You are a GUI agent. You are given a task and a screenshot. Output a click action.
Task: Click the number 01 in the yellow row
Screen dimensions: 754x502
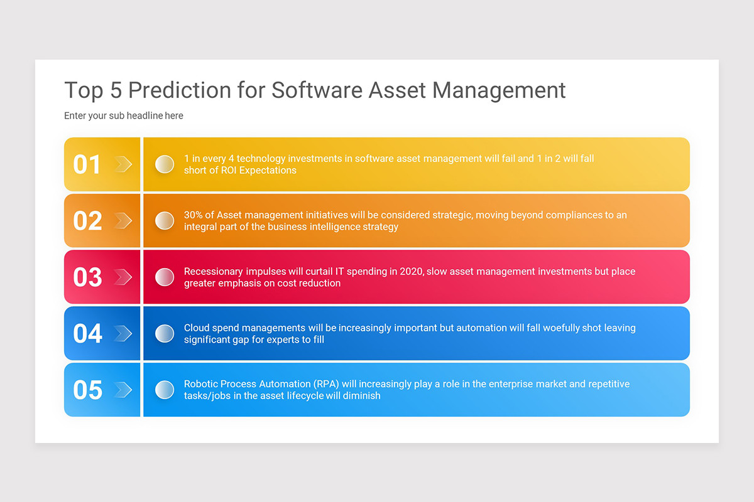(87, 164)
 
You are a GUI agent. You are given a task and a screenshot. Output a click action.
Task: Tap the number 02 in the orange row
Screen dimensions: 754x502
(87, 221)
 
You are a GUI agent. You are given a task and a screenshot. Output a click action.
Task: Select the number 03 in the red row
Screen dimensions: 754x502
(87, 277)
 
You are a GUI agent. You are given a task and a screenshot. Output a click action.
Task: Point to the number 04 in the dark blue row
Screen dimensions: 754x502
(87, 334)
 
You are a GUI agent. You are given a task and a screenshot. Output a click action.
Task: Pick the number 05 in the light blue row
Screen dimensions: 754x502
(87, 390)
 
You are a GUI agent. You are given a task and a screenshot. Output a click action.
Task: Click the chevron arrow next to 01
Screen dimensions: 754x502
(123, 164)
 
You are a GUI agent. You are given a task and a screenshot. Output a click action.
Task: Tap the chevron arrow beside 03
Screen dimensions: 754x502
(123, 277)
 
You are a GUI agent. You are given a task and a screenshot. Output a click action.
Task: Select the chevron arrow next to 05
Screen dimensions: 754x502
(123, 390)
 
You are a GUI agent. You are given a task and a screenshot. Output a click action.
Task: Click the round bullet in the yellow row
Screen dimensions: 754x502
(165, 164)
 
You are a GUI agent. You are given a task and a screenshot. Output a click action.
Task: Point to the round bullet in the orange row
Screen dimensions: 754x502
(165, 221)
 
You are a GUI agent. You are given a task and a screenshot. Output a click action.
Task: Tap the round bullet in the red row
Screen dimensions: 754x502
(165, 277)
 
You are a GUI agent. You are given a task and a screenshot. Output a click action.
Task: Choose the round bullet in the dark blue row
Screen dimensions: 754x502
(165, 334)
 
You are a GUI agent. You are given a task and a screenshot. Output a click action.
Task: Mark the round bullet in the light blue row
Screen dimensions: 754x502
(165, 390)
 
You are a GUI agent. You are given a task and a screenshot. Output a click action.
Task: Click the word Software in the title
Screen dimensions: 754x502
(317, 90)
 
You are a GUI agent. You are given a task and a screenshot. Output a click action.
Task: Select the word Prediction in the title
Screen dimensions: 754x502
(180, 90)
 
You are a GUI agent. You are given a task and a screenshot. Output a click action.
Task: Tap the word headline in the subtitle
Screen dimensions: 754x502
(145, 115)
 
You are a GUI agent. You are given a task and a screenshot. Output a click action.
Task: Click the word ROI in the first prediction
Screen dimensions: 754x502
(229, 171)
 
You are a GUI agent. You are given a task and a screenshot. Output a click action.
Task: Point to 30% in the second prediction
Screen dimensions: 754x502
(193, 215)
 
